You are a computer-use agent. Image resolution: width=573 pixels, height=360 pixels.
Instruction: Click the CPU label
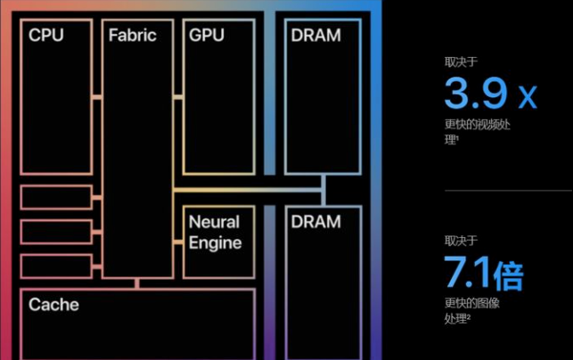[x=46, y=36]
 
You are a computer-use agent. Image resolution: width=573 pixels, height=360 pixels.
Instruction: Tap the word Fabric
[x=132, y=36]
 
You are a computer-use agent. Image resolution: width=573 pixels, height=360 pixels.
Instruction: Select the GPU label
[x=208, y=36]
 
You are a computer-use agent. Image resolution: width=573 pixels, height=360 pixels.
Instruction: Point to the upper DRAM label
[x=315, y=36]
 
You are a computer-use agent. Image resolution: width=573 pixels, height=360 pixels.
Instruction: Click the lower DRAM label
[x=315, y=221]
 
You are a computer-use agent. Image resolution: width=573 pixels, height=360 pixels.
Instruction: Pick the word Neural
[x=214, y=222]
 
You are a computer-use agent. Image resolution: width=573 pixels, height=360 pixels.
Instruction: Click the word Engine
[x=215, y=241]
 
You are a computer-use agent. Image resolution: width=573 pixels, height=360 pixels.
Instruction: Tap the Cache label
[x=53, y=305]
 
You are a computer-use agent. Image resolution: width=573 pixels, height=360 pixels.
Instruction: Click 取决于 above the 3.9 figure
[x=461, y=61]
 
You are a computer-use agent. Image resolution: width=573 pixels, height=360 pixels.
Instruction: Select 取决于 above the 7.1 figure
[x=461, y=241]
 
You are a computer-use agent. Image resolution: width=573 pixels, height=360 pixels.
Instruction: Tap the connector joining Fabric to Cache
[x=136, y=283]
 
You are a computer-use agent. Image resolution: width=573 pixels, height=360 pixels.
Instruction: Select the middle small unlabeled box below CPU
[x=56, y=232]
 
